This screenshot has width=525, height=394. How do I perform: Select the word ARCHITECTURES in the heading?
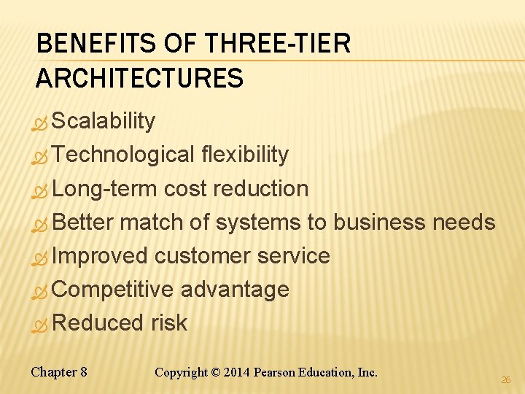point(139,77)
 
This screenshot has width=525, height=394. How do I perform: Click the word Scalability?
point(104,121)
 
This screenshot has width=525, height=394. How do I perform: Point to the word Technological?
point(123,155)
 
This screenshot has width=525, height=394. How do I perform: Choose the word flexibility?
point(245,155)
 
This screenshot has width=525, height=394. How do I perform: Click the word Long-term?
point(105,188)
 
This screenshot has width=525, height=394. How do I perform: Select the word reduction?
point(261,188)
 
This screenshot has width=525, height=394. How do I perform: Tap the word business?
point(379,222)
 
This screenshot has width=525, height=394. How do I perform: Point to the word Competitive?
point(113,289)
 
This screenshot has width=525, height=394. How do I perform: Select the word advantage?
point(235,290)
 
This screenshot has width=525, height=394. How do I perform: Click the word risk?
point(169,322)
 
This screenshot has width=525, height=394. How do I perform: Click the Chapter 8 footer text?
point(59,372)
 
